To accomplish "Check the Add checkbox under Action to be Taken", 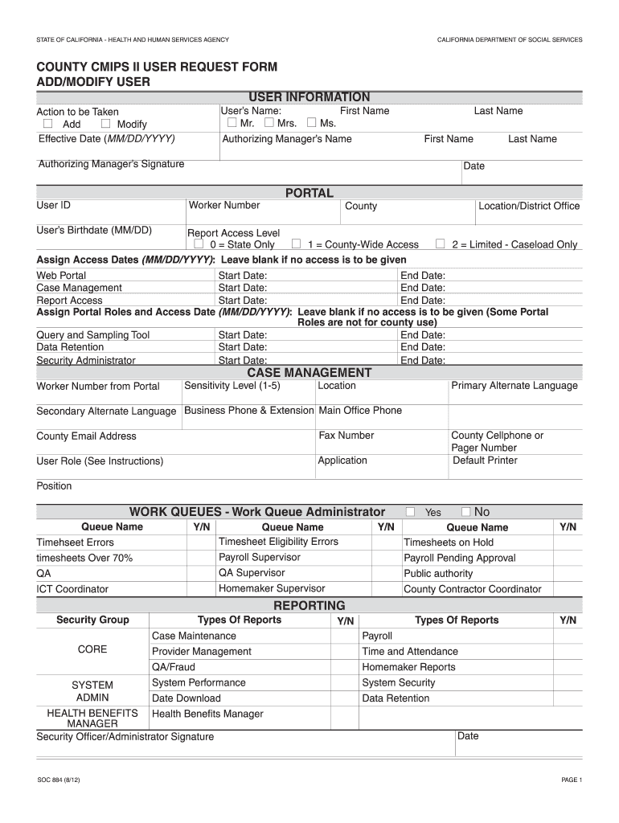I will click(x=47, y=124).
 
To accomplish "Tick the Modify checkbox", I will click(x=106, y=124).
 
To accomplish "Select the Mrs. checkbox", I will click(x=269, y=123).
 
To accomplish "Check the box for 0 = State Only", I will click(x=199, y=244).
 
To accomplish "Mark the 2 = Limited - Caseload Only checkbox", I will click(x=441, y=244).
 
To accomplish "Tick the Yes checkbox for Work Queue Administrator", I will click(x=411, y=512).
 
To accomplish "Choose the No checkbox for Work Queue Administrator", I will click(x=466, y=512).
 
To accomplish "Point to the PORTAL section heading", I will click(x=309, y=193).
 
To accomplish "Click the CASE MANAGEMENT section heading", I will click(x=309, y=372).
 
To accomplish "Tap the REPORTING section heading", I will click(x=309, y=605).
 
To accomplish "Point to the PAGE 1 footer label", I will click(x=571, y=780).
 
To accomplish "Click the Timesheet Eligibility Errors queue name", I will click(x=278, y=542).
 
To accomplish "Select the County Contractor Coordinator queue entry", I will click(x=472, y=589).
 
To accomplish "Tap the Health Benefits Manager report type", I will click(x=207, y=714).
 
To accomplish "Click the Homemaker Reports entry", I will click(x=408, y=667).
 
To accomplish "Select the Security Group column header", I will click(x=92, y=620).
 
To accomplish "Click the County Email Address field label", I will click(x=86, y=436).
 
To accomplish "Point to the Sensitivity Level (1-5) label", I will click(x=232, y=386).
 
